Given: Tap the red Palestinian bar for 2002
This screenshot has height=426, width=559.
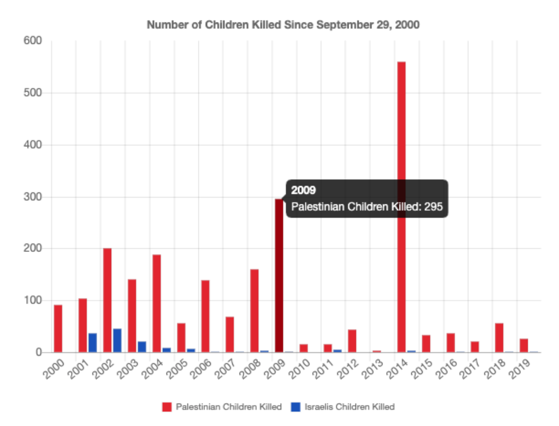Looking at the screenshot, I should tap(107, 300).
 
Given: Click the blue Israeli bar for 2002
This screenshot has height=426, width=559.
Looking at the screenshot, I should tap(117, 340).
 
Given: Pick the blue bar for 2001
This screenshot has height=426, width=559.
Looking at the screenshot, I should tap(92, 342).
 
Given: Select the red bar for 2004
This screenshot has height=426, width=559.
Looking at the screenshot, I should tap(156, 303).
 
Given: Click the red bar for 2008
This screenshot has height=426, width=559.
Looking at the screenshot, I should tap(254, 310).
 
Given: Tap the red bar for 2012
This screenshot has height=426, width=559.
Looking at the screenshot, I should tap(352, 341).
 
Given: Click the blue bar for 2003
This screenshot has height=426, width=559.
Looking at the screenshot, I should tap(142, 347).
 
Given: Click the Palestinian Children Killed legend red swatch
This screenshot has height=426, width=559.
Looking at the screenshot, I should tap(167, 407).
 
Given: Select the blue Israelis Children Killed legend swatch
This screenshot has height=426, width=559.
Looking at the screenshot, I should tap(296, 407).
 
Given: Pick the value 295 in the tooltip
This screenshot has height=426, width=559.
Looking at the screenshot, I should tap(433, 206).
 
